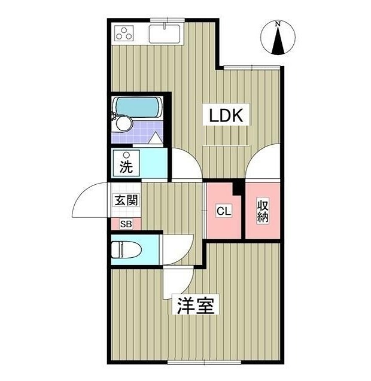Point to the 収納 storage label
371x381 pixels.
(263, 211)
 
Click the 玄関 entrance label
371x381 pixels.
(126, 200)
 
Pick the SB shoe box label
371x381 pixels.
(126, 224)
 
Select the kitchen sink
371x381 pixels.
(166, 34)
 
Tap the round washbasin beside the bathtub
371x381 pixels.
(124, 123)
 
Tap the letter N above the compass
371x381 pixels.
(278, 24)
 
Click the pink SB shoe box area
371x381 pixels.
(126, 224)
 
